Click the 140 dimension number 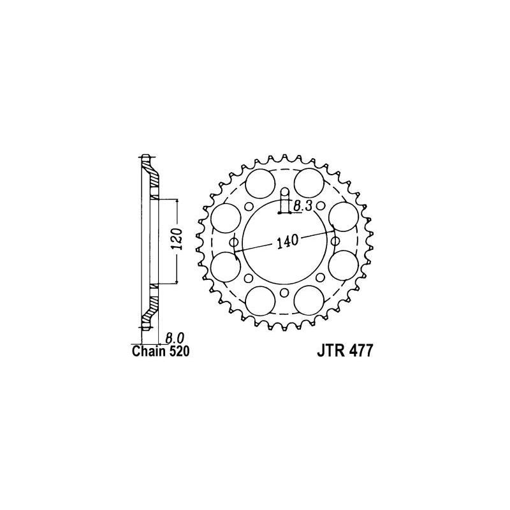(x=286, y=242)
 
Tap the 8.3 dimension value (x=302, y=205)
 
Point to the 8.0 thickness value (x=175, y=338)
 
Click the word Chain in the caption (x=147, y=351)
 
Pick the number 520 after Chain (x=178, y=351)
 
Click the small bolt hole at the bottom (x=285, y=293)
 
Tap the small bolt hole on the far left (x=234, y=242)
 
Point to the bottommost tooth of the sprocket (x=285, y=328)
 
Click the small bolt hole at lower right (x=321, y=278)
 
